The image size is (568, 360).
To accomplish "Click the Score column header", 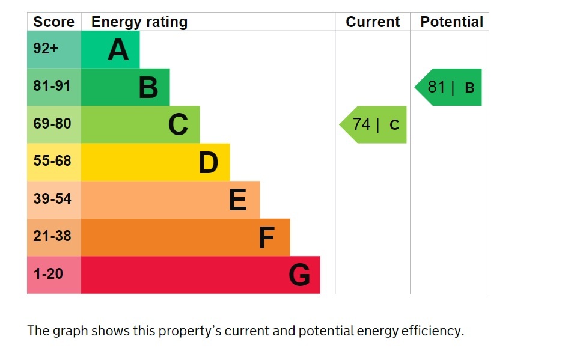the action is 53,22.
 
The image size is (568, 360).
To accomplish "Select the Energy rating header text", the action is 139,22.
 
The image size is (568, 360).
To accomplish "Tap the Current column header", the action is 373,22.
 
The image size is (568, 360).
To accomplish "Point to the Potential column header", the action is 452,22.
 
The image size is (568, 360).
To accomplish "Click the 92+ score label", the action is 46,49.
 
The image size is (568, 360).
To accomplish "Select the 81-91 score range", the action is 52,86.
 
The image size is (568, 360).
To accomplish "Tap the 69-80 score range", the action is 52,123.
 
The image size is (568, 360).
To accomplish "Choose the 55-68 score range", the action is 52,161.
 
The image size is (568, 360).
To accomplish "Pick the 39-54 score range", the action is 52,198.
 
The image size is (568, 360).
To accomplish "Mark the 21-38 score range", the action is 52,236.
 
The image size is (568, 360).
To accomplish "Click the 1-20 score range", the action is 48,274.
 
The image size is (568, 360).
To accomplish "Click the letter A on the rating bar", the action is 118,50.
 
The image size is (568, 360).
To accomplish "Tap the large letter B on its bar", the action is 148,87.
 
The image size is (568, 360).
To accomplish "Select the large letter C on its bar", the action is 179,124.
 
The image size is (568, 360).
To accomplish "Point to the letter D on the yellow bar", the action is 209,163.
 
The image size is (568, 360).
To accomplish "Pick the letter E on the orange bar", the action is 238,200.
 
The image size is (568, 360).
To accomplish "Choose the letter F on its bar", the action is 267,237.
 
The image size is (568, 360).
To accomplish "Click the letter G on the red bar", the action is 299,275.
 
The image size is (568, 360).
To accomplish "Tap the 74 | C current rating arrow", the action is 373,124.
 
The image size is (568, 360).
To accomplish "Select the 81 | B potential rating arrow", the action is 448,87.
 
